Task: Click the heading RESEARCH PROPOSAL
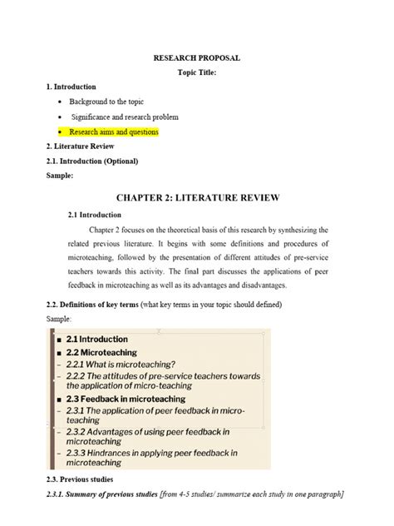coord(196,58)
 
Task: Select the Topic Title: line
coord(197,72)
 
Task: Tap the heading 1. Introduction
coord(71,87)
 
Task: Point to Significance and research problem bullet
coord(125,117)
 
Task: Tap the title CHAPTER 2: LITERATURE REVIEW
coord(197,197)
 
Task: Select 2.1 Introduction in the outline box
coord(97,339)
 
